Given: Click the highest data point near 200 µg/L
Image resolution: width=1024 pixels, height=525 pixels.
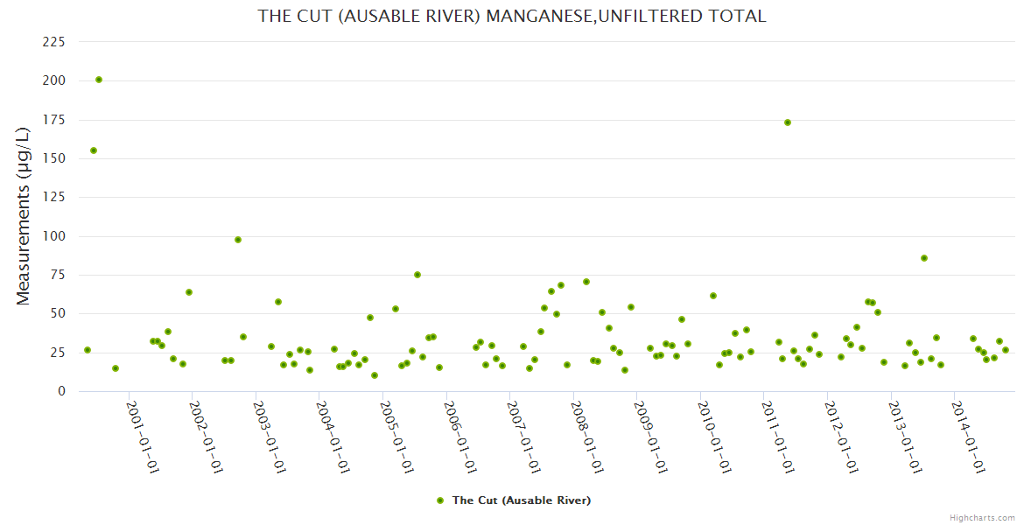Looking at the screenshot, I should coord(99,80).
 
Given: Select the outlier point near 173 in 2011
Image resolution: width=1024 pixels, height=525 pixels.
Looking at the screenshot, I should coord(788,122).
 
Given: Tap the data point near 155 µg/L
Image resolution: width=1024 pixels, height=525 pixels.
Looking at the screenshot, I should coord(94,150).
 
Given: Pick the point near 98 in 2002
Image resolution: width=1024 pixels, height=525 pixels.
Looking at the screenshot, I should coord(238,240).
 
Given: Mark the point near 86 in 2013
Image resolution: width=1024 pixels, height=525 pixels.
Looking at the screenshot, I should coord(924,258).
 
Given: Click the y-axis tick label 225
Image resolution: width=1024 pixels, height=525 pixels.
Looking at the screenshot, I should coord(54,42).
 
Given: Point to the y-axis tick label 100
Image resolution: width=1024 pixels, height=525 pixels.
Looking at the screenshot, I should coord(54,236).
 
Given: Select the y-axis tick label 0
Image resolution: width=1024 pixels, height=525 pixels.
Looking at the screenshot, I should coord(61,391).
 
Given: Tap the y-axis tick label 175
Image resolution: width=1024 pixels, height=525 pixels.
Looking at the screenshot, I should coord(54,120).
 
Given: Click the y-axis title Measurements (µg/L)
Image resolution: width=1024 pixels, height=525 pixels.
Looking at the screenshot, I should coord(24,216).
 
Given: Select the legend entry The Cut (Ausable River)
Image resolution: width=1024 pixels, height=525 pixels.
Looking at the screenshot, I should coord(521,500).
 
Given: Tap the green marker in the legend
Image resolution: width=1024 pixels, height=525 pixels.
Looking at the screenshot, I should coord(441,500).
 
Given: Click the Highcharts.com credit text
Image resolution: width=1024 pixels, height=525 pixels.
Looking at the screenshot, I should coord(982,518).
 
